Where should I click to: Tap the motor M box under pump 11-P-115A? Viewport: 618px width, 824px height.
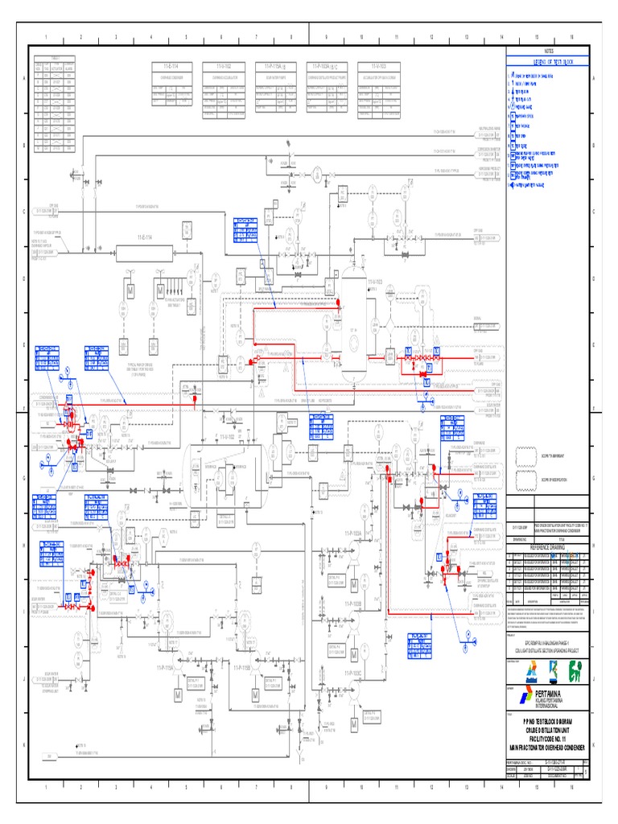pos(178,694)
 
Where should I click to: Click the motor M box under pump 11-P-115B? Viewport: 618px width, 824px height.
pos(256,694)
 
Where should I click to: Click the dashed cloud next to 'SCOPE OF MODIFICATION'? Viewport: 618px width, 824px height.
pos(526,482)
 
